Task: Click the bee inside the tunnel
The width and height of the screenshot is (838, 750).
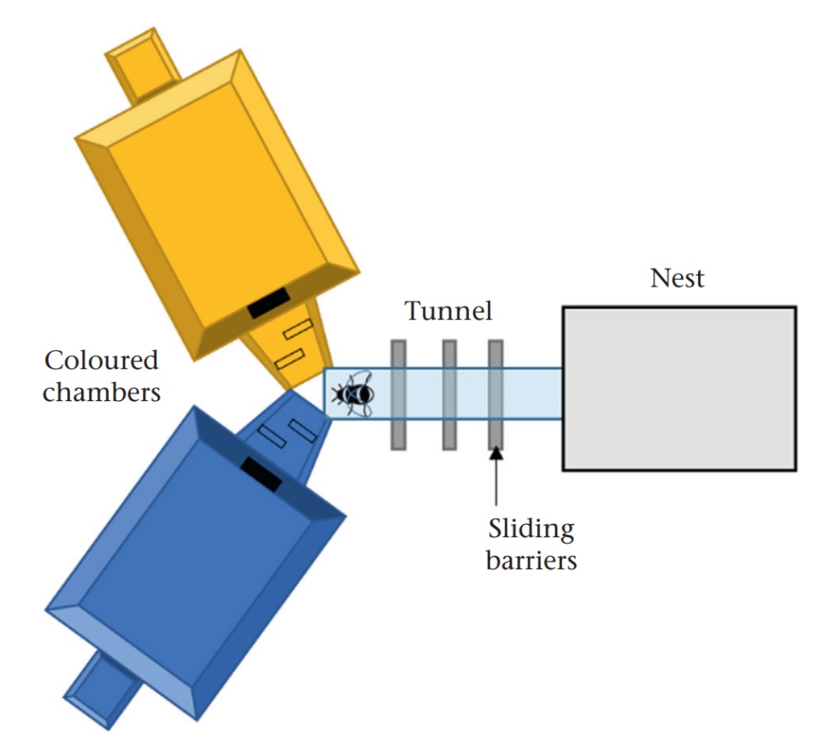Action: (353, 394)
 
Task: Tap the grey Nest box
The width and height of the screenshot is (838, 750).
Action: (679, 389)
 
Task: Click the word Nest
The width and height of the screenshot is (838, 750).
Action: (677, 278)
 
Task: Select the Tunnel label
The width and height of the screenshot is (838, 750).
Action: (448, 311)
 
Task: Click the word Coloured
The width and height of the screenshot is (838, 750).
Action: (101, 360)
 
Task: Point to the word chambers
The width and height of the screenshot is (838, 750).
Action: (101, 392)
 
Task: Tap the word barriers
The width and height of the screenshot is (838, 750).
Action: (531, 561)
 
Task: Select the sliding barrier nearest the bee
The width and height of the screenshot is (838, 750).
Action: (399, 395)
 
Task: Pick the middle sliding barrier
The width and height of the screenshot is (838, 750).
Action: (449, 395)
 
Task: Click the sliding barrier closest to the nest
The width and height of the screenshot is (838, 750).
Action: (495, 395)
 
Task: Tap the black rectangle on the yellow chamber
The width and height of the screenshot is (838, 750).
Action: (268, 303)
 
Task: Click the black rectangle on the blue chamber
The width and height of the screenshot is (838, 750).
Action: (261, 474)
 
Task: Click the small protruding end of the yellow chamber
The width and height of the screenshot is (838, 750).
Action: (141, 65)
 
